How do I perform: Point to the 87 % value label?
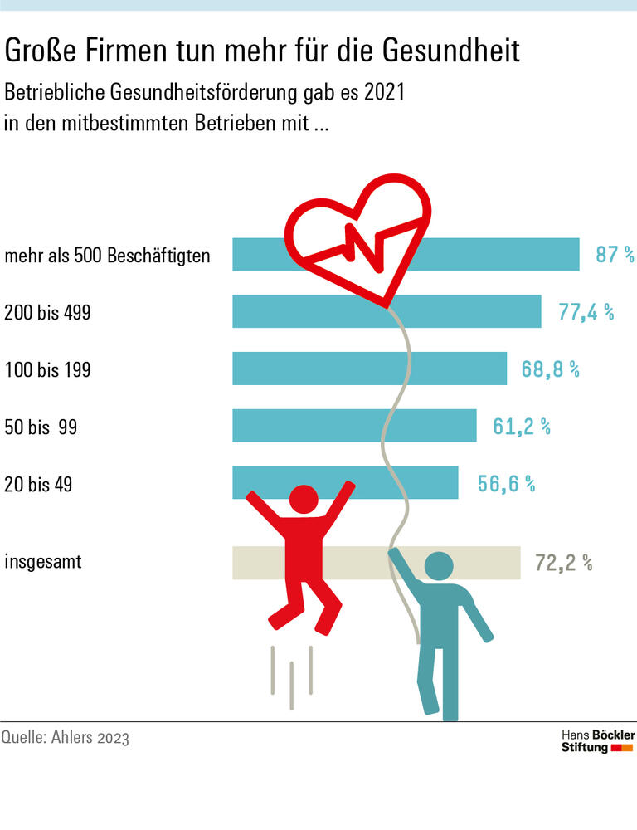[615, 255]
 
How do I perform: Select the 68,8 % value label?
[549, 369]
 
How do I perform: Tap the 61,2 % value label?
[522, 426]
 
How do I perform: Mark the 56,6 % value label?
[506, 483]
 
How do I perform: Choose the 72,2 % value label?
[563, 563]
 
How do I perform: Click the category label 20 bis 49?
[38, 484]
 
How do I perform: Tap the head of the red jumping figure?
[303, 500]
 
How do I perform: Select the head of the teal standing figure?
[438, 568]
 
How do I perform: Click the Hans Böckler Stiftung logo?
[597, 741]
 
